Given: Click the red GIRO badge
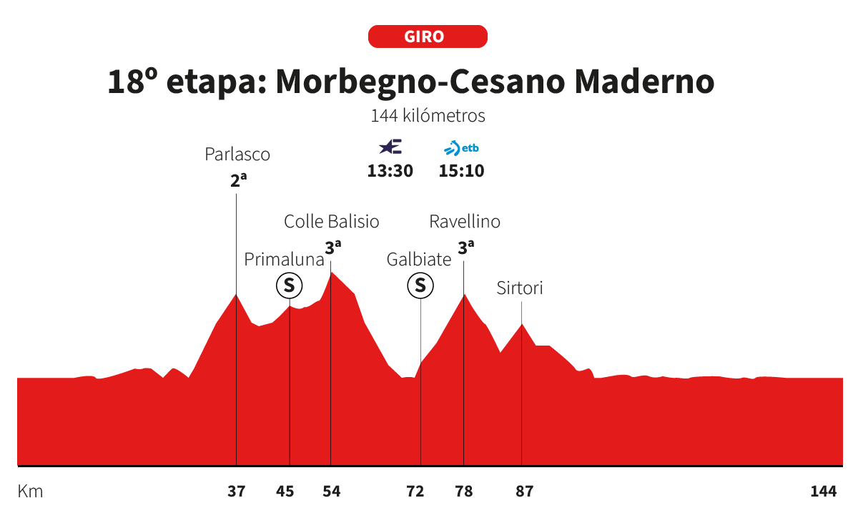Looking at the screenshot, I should [428, 36].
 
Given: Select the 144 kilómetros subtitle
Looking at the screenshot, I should [428, 115].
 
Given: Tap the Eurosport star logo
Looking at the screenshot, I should [390, 147].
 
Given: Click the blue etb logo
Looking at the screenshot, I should [461, 149].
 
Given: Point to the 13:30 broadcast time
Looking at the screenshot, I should [390, 172].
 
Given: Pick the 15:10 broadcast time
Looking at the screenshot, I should [461, 172].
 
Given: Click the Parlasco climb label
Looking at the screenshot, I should [237, 154].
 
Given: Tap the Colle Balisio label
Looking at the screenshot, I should [332, 221].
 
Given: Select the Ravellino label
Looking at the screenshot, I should [465, 221].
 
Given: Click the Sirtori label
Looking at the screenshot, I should [520, 288].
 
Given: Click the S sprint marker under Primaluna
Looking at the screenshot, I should [290, 286].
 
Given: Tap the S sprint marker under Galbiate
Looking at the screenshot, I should [420, 286].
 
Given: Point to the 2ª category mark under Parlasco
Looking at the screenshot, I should [238, 180].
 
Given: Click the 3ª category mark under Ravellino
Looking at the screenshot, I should [466, 248].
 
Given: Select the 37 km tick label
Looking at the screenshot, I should [237, 492].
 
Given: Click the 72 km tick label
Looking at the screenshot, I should [415, 492].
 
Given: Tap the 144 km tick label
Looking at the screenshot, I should [824, 492].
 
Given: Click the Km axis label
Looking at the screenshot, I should [30, 492].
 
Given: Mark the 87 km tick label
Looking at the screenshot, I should [525, 492].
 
